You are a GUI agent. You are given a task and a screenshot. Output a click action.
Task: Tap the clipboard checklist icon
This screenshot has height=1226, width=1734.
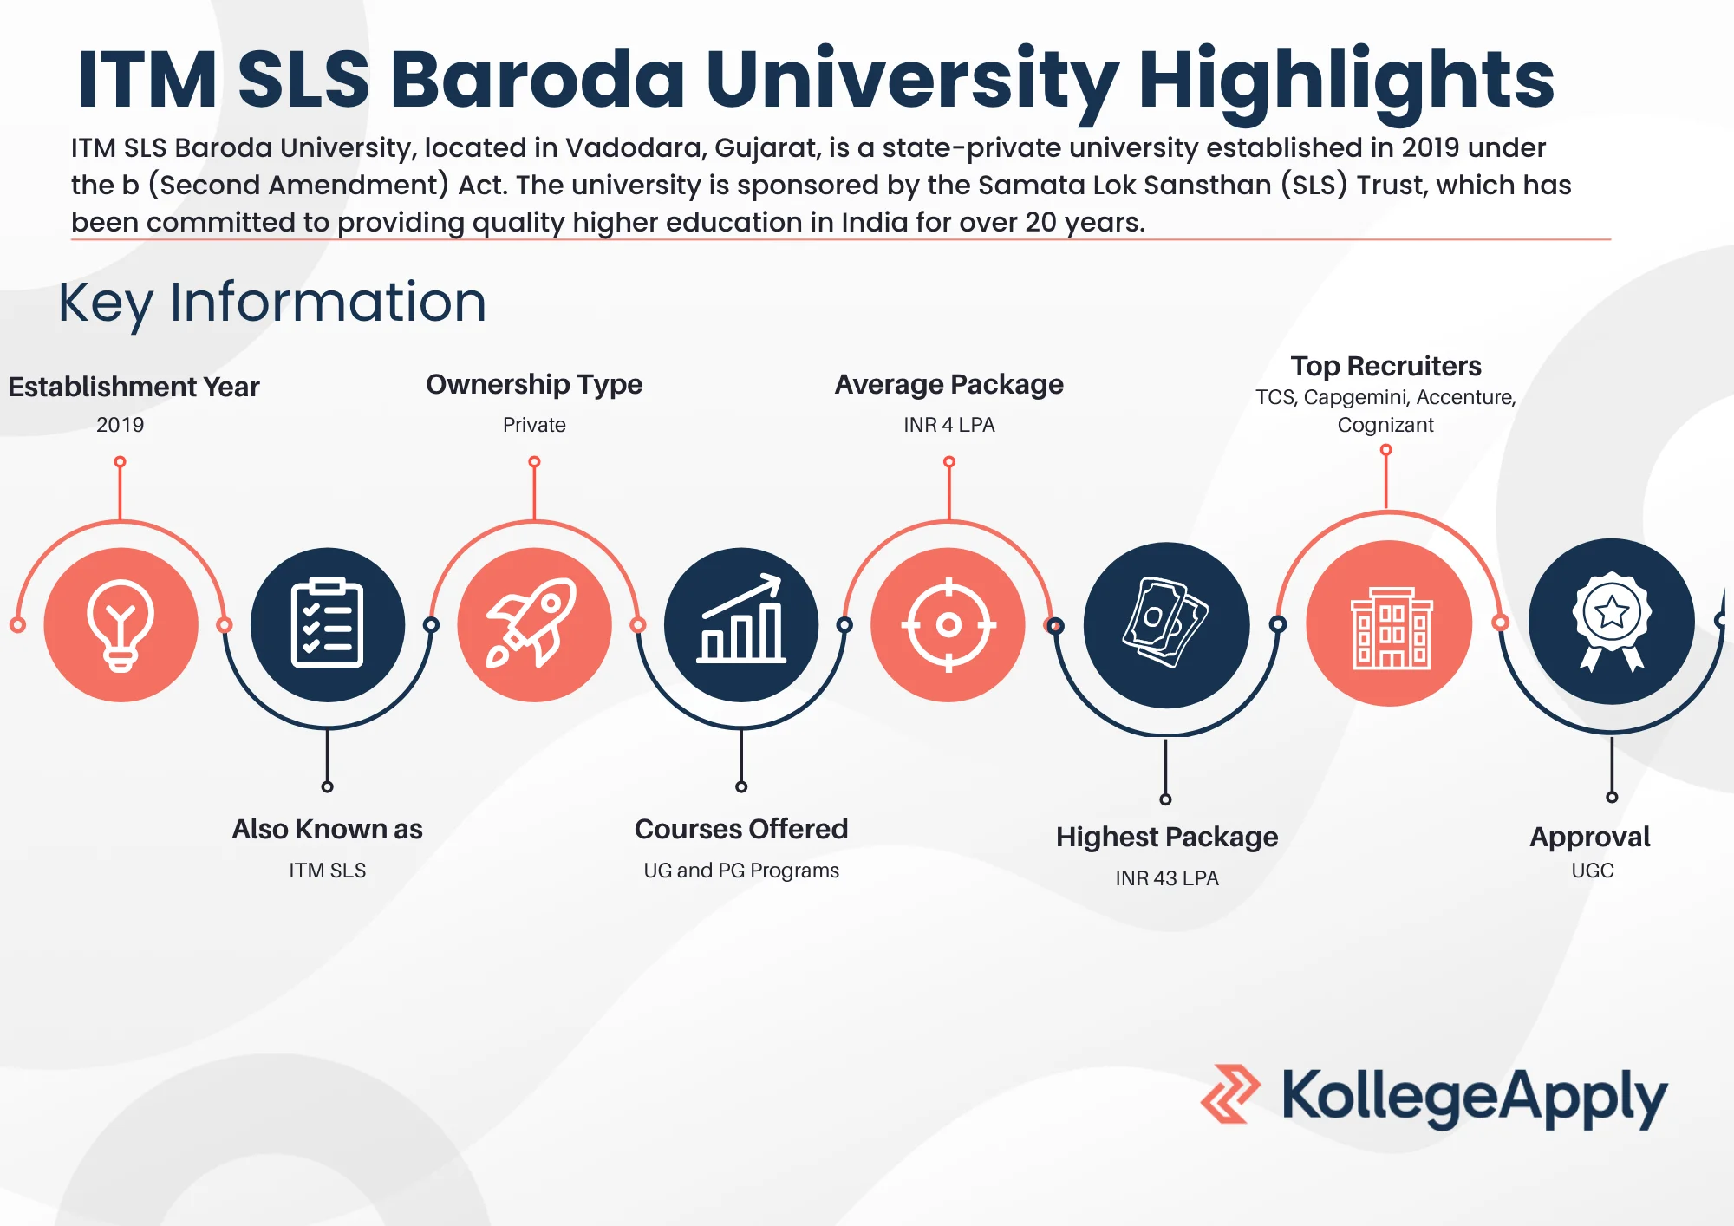point(327,623)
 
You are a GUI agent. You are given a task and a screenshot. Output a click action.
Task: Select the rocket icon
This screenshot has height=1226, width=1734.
point(532,623)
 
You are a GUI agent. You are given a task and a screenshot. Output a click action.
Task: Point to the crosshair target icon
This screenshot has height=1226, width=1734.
point(948,624)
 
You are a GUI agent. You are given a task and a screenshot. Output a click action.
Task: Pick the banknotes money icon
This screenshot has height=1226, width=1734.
point(1166,623)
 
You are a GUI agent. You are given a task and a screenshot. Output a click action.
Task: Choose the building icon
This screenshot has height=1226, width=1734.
point(1392,628)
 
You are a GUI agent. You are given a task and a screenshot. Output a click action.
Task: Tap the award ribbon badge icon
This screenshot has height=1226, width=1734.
point(1612,621)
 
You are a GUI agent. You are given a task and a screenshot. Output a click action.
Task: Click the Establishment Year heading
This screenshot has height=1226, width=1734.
point(134,387)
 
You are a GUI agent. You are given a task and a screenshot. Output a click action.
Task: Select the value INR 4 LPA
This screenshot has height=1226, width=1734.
point(949,425)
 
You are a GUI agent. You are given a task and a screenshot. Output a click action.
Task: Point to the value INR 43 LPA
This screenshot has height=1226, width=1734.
point(1167,878)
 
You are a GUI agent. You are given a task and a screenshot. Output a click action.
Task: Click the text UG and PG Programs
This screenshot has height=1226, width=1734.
point(741,871)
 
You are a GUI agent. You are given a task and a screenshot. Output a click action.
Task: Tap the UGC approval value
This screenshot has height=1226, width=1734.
point(1593,871)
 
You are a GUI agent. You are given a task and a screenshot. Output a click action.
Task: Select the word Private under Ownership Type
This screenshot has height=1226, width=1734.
point(534,425)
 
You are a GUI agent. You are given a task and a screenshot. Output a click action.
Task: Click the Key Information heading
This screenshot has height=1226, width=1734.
point(272,303)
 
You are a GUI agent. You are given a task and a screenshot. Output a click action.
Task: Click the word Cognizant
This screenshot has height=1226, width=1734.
point(1385,425)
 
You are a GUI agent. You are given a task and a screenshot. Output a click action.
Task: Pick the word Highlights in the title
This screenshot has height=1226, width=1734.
point(1346,81)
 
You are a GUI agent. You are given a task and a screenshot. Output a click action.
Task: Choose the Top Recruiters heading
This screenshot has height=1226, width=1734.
point(1385,366)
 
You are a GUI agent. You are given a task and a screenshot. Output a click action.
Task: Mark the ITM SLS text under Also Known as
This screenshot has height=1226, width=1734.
point(328,871)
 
